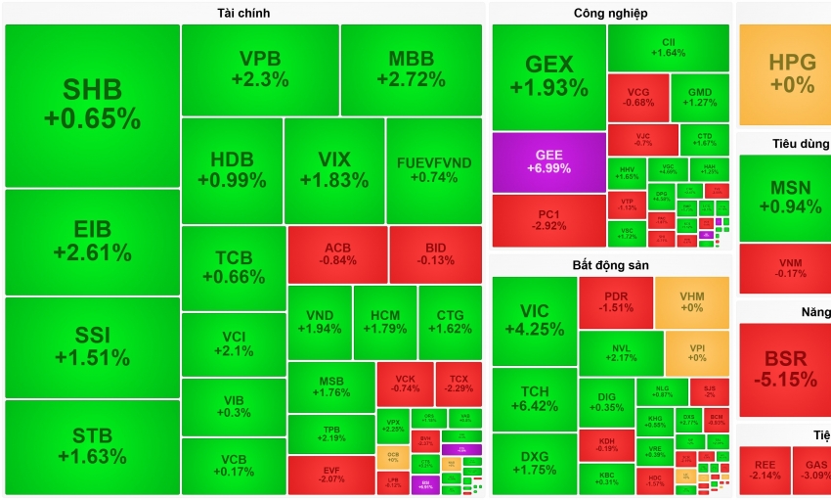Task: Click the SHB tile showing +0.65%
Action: coord(92,105)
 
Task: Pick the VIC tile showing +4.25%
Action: coord(533,320)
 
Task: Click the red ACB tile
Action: coord(337,254)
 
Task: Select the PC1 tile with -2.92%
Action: coord(547,220)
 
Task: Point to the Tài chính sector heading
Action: coord(243,13)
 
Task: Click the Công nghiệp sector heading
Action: coord(610,13)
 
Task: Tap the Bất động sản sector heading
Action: coord(610,265)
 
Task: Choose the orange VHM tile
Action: coord(692,302)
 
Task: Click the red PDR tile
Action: coord(615,302)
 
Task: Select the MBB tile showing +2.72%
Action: coord(411,69)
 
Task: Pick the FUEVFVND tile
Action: coord(434,170)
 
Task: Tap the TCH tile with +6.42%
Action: coord(533,398)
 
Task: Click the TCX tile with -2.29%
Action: coord(459,383)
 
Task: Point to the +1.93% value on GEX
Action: coord(548,88)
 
